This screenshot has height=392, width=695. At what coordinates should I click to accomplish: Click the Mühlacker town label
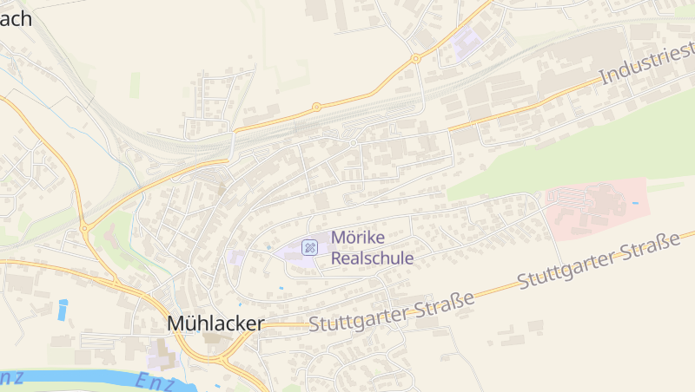[215, 323]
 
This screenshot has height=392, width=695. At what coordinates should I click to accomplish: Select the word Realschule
[372, 258]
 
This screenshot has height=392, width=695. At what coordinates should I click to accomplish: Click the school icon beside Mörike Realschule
[309, 248]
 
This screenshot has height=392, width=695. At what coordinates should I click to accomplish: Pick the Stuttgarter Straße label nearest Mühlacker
[392, 312]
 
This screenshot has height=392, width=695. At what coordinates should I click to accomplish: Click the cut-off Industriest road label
[646, 66]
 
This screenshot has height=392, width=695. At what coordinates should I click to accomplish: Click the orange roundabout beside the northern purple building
[416, 59]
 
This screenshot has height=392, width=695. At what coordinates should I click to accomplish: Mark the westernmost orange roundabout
[84, 228]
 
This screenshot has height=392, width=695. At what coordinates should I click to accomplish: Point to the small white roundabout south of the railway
[354, 142]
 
